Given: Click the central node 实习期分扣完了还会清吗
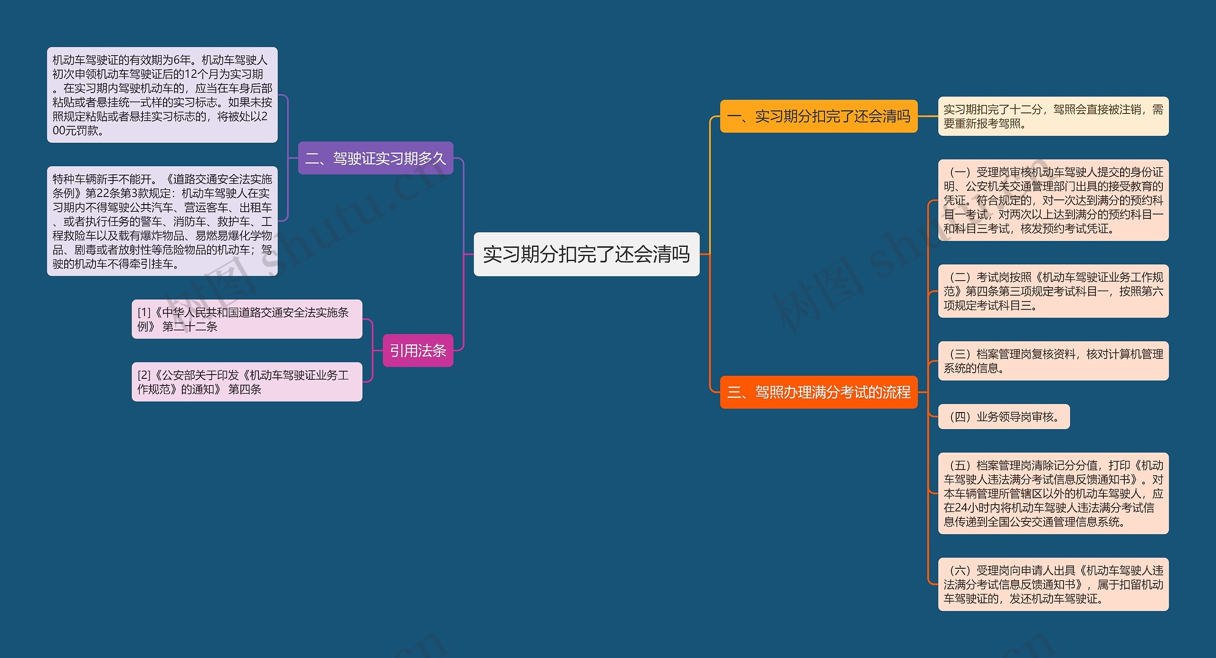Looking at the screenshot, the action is coord(586,254).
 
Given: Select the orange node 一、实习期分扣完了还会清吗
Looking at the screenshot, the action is coord(818,116).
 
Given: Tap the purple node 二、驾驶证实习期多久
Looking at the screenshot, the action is coord(375,158).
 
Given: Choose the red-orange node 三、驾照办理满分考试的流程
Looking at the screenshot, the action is coord(818,392).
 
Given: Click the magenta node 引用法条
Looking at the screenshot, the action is coord(418,351).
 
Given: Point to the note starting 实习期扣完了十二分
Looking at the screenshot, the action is coord(1053,116).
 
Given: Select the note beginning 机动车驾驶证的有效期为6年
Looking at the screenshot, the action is coord(162,95).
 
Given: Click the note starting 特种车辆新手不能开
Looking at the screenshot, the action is coord(162,221).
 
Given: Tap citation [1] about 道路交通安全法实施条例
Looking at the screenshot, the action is coord(247,319).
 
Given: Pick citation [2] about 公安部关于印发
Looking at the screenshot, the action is coord(247,382).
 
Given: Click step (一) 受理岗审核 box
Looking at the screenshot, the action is coord(1053,200).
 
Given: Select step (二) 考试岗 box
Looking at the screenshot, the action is coord(1053,291).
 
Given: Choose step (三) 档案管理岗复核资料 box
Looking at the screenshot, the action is coord(1053,361).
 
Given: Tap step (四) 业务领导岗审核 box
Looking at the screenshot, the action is coord(1003,417).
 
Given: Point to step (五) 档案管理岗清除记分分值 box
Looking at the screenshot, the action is coord(1053,493).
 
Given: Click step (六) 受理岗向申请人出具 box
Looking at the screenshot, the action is coord(1053,584).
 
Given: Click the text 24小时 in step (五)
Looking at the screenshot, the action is coord(972,508).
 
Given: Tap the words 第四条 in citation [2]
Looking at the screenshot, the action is coord(245,390).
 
